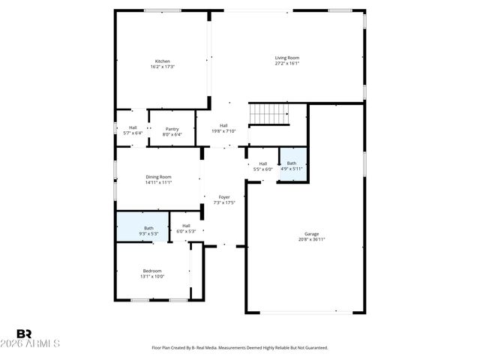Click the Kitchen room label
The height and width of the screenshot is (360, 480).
click(x=162, y=61)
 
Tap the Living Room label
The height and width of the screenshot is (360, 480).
click(x=286, y=58)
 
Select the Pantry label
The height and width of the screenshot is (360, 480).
click(x=172, y=129)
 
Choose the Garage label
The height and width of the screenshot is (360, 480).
click(x=311, y=233)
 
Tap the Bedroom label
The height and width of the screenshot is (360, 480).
click(x=152, y=271)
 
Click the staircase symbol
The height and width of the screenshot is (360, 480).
click(x=268, y=113)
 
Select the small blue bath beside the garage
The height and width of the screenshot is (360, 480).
click(x=292, y=166)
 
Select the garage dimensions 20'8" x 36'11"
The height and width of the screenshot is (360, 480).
click(x=311, y=239)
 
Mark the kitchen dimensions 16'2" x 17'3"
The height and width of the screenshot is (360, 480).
click(x=162, y=67)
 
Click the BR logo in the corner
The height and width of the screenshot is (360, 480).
click(x=24, y=333)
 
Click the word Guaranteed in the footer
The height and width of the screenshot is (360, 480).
click(x=313, y=348)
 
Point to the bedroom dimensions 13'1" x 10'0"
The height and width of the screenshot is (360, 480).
click(x=152, y=277)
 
